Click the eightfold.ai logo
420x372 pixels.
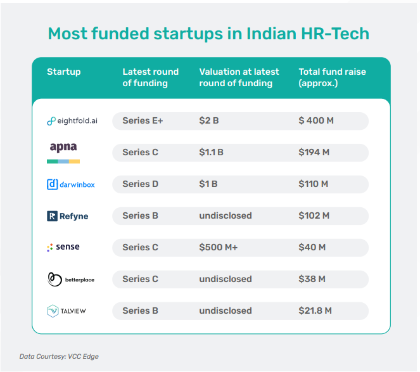(72, 121)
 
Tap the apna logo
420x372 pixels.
(63, 153)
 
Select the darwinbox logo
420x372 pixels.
(71, 184)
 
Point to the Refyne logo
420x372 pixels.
(68, 216)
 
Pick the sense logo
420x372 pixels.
(63, 247)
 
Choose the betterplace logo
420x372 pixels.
(71, 279)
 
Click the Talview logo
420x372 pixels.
(66, 311)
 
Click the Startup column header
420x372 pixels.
(64, 72)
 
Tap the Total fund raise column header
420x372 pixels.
(332, 77)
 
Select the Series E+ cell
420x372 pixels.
(143, 121)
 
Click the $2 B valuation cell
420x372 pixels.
(209, 121)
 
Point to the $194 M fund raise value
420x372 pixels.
(314, 153)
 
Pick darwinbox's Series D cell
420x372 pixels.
(141, 184)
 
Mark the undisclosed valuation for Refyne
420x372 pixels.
(226, 215)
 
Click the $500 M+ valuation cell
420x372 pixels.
(219, 247)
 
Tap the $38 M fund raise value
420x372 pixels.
(312, 279)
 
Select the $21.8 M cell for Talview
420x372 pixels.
(315, 311)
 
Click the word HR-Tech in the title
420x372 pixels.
(335, 34)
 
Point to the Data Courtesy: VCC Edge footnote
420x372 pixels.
(59, 356)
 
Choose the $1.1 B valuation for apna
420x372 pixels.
(211, 153)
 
